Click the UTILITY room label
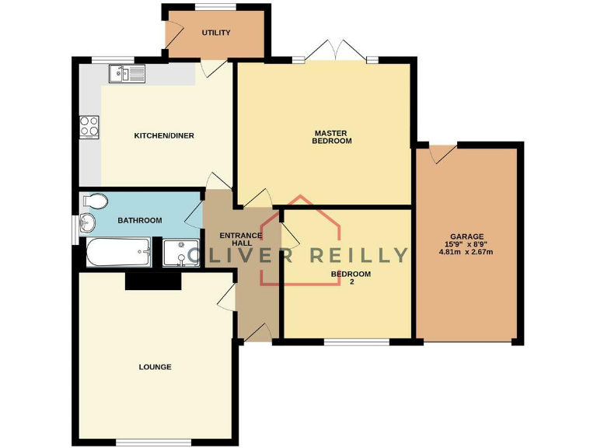(x=215, y=33)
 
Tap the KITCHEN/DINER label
(x=164, y=136)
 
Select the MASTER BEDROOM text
(x=332, y=137)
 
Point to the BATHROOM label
(x=140, y=221)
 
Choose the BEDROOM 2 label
(x=351, y=278)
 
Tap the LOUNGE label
(x=155, y=367)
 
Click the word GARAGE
(x=466, y=236)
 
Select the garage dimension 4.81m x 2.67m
(x=466, y=252)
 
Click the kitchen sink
(x=127, y=74)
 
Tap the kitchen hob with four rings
(x=89, y=126)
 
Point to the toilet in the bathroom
(x=93, y=201)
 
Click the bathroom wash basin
(x=86, y=223)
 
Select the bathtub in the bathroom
(x=117, y=254)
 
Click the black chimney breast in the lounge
(x=153, y=282)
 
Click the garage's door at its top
(x=444, y=152)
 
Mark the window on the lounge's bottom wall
(x=153, y=443)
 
